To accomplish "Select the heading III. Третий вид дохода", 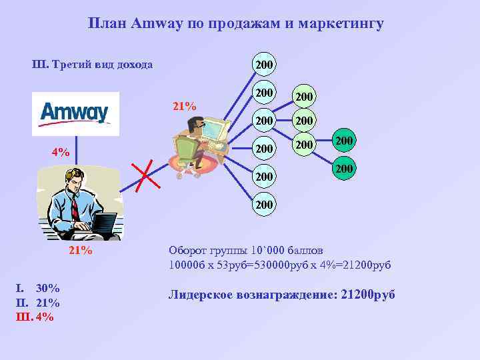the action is (93, 65).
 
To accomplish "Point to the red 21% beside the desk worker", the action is (184, 106).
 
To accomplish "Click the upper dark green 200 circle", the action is (344, 141).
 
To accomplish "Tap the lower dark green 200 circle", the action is (344, 170).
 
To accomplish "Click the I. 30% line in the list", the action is (38, 289).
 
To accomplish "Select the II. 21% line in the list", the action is (38, 303).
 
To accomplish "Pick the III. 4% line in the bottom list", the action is (35, 317).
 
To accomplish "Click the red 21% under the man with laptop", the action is (81, 251).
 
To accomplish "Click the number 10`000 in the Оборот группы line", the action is (268, 251).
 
